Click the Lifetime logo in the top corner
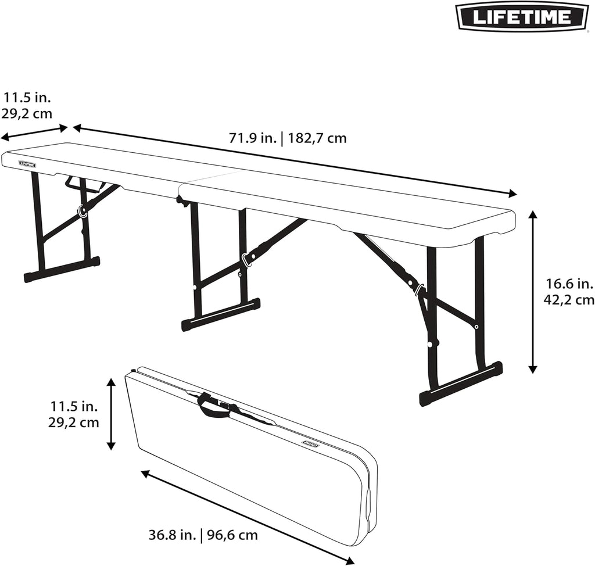pos(522,16)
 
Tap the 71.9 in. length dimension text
pos(252,138)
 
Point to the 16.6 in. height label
pos(569,284)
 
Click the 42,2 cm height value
pos(569,300)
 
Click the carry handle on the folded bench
pos(214,406)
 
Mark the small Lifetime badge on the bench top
pos(27,164)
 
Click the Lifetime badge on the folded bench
pos(311,445)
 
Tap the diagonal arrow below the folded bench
pos(248,517)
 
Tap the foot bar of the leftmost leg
pos(62,269)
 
